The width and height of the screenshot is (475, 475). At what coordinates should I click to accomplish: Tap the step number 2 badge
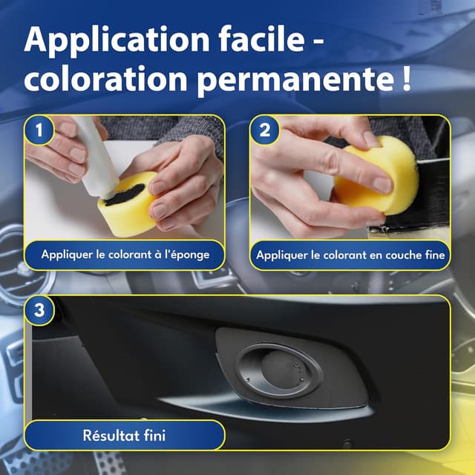click(264, 131)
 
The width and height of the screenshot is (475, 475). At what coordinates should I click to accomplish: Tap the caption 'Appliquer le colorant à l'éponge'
click(125, 255)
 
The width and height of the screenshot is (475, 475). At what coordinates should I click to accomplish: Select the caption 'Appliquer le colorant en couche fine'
click(350, 255)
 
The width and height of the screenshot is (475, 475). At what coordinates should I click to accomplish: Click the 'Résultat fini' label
click(125, 436)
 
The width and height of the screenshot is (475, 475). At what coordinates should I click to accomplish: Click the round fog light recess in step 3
click(281, 368)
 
